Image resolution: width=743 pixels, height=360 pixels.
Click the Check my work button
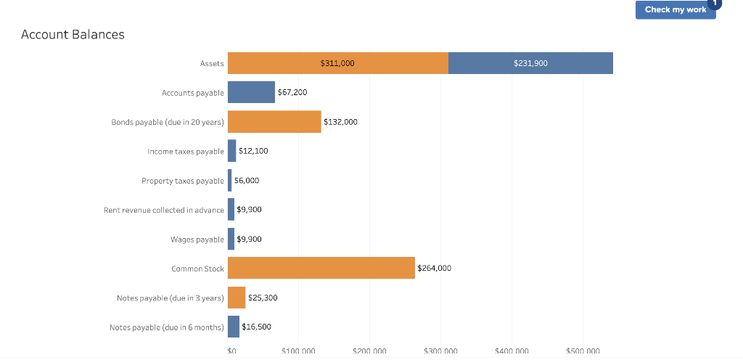tap(675, 9)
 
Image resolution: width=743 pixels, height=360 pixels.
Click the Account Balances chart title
tap(73, 34)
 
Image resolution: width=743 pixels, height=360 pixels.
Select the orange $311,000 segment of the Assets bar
tap(337, 63)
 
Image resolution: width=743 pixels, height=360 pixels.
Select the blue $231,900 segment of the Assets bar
tap(530, 63)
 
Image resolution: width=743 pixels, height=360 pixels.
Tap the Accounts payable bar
tap(251, 92)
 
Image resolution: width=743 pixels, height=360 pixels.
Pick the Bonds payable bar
tap(274, 121)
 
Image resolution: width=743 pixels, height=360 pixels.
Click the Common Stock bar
tap(321, 268)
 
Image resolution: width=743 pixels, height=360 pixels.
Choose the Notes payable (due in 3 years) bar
tap(237, 298)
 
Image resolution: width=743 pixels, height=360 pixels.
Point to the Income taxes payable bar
tap(232, 151)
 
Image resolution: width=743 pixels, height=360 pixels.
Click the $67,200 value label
tap(292, 92)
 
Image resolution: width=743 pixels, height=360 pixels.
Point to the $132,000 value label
tap(340, 122)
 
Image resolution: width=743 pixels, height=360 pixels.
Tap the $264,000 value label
tap(434, 268)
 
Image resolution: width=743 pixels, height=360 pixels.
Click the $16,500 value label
tap(256, 327)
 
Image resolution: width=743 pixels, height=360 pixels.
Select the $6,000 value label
tap(247, 180)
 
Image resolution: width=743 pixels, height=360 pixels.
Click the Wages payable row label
tap(197, 239)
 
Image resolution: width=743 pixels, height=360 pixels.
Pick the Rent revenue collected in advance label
tap(164, 210)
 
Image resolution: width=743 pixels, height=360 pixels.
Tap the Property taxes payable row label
tap(183, 181)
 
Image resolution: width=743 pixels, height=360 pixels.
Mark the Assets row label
tap(212, 64)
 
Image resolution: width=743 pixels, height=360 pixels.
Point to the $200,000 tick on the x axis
tap(369, 351)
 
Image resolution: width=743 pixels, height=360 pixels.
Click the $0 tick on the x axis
tap(231, 351)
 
